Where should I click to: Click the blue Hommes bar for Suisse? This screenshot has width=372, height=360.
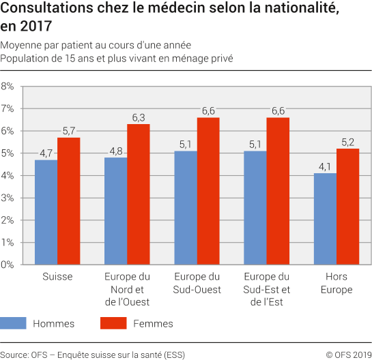(x=46, y=212)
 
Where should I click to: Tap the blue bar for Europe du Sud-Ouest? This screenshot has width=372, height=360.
(x=186, y=208)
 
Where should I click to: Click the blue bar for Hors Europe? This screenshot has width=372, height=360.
(x=325, y=219)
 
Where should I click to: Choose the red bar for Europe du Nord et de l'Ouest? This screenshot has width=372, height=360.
(x=138, y=194)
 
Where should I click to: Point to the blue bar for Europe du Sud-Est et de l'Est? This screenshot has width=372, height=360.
(x=255, y=208)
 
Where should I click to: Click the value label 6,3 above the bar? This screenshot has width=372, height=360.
(x=138, y=117)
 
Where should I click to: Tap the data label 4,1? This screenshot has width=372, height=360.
(x=325, y=166)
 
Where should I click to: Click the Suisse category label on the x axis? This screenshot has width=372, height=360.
(x=57, y=277)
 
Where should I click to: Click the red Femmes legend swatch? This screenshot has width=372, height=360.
(x=113, y=323)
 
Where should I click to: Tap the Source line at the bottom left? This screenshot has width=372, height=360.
(x=93, y=354)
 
